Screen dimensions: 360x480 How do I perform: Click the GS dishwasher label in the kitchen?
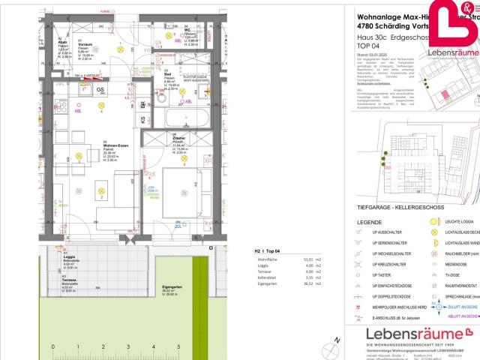(100, 90)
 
